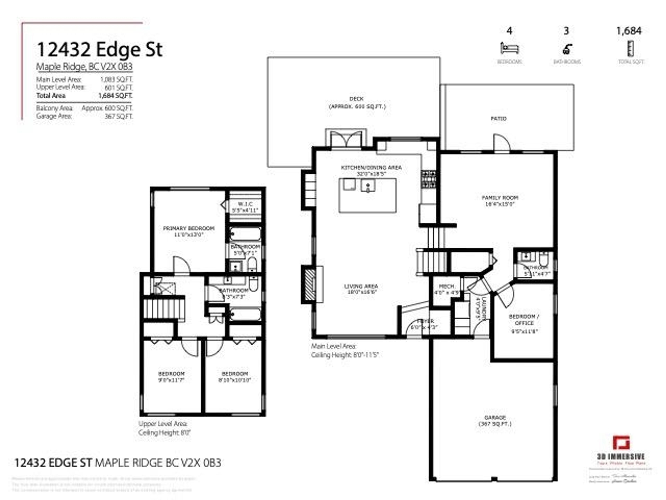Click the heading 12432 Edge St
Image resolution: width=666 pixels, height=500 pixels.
[99, 50]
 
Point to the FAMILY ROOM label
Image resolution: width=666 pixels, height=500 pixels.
[500, 198]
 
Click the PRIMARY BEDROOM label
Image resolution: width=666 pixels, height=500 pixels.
[189, 228]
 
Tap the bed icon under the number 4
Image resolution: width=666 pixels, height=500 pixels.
[509, 48]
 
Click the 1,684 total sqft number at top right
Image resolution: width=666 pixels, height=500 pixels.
[629, 31]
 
